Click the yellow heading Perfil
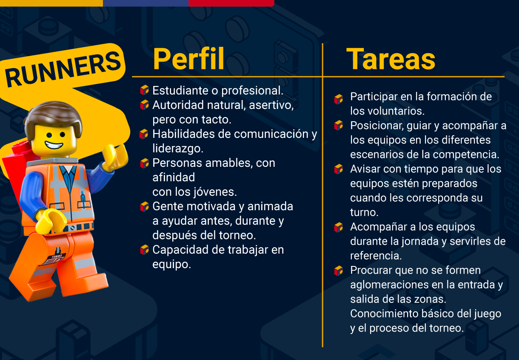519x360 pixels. point(188,58)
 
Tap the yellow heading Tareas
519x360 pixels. point(391,59)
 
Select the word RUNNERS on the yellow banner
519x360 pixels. point(63,69)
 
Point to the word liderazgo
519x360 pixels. point(178,149)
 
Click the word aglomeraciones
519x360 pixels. point(389,285)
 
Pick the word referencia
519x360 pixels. point(376,256)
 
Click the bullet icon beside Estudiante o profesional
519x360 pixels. point(144,90)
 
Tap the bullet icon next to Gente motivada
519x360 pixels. point(144,206)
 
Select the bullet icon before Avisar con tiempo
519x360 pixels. point(339,169)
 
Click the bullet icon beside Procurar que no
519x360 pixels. point(339,271)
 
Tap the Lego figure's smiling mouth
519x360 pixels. point(54,145)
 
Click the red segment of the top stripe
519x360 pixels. point(231,3)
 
